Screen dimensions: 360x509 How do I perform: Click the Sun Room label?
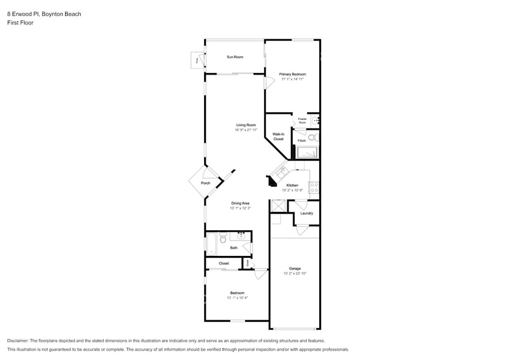coord(235,57)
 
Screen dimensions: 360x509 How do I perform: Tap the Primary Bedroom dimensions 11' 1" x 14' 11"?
coord(293,79)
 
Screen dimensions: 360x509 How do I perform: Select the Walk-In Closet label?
coord(278,137)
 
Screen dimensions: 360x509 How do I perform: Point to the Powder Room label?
coord(302,121)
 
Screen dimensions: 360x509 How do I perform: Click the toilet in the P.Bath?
coord(311,138)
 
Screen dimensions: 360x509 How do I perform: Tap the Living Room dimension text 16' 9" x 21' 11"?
coord(246,130)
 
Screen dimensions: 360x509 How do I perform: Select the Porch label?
coord(205,183)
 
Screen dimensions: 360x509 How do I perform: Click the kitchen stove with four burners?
coord(314,187)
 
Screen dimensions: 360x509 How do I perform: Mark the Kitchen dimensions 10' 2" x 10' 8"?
coord(292,190)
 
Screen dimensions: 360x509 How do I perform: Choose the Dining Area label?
coord(240,203)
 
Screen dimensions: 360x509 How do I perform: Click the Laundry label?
coord(306,213)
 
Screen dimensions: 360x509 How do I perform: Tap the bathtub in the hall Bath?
coord(211,243)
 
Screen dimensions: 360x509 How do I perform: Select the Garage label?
coord(295,268)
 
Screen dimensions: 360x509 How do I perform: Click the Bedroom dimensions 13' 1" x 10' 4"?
coord(237,298)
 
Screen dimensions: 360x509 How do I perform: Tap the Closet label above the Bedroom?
coord(224,263)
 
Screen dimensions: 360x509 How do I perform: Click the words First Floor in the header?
coord(20,23)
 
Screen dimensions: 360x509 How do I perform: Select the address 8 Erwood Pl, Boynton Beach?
coord(44,13)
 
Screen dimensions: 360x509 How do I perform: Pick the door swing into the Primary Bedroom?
coord(269,83)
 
